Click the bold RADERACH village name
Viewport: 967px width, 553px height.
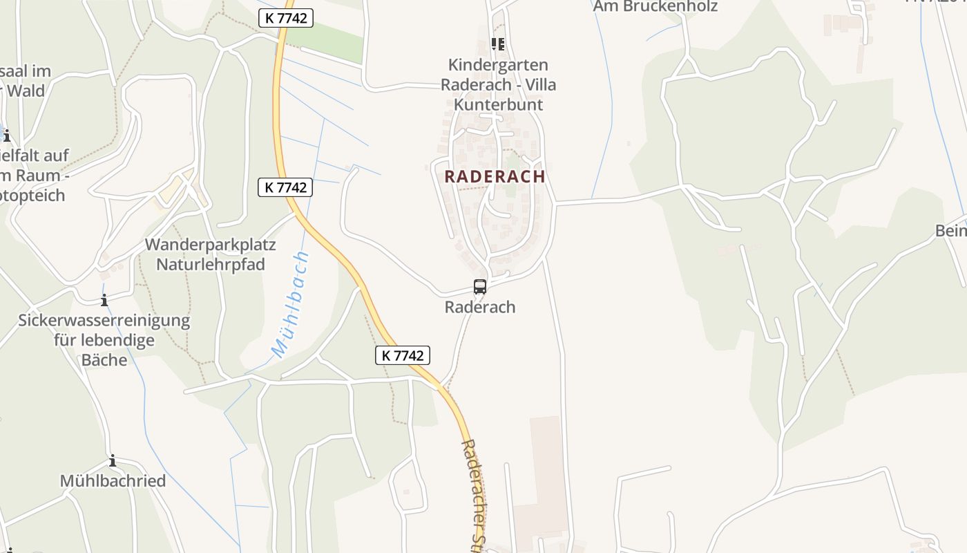495,176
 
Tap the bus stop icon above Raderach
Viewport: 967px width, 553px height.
480,286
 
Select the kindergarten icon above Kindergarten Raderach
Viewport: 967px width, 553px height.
498,44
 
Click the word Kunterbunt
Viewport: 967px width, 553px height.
498,104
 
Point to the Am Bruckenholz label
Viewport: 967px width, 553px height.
655,6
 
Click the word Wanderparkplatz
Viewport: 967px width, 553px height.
210,245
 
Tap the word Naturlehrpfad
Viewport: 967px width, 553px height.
210,264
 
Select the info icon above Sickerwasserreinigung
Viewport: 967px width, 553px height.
104,300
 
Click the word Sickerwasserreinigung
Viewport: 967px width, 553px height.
104,321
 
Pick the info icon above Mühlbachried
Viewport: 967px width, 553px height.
113,461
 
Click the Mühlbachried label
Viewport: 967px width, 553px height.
113,481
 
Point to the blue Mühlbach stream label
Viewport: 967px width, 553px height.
291,305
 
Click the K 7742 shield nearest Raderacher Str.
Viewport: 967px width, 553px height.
403,355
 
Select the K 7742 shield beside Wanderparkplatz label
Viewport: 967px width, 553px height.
285,187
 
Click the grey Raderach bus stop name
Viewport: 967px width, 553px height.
480,307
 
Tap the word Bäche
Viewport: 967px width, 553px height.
104,359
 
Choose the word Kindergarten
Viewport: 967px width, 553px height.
498,65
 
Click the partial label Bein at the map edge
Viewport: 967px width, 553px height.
951,231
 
